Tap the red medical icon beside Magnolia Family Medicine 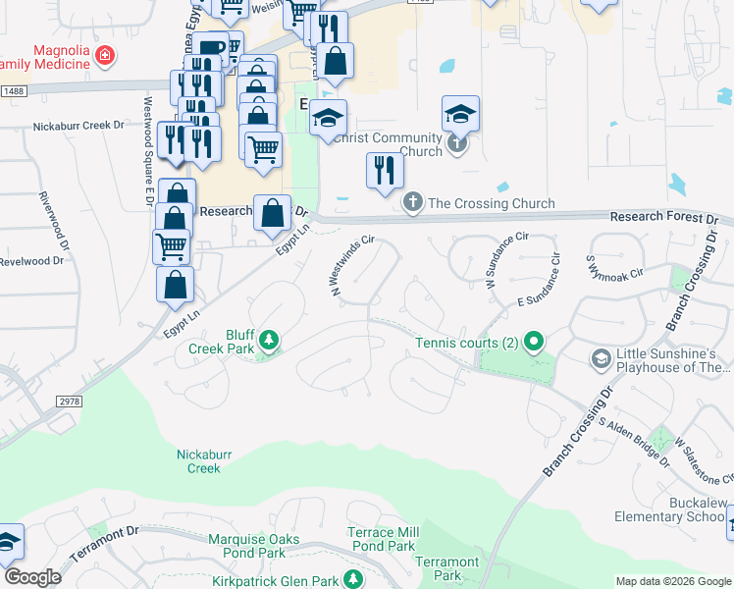(x=105, y=57)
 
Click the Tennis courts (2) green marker (x=534, y=342)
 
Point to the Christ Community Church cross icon (x=456, y=146)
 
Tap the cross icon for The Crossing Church (x=413, y=203)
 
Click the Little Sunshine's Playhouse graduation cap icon (x=600, y=360)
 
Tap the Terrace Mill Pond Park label (x=383, y=539)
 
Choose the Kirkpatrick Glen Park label (x=274, y=581)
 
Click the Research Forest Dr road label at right (x=663, y=217)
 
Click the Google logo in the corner (x=32, y=577)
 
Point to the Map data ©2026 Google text (x=671, y=581)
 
